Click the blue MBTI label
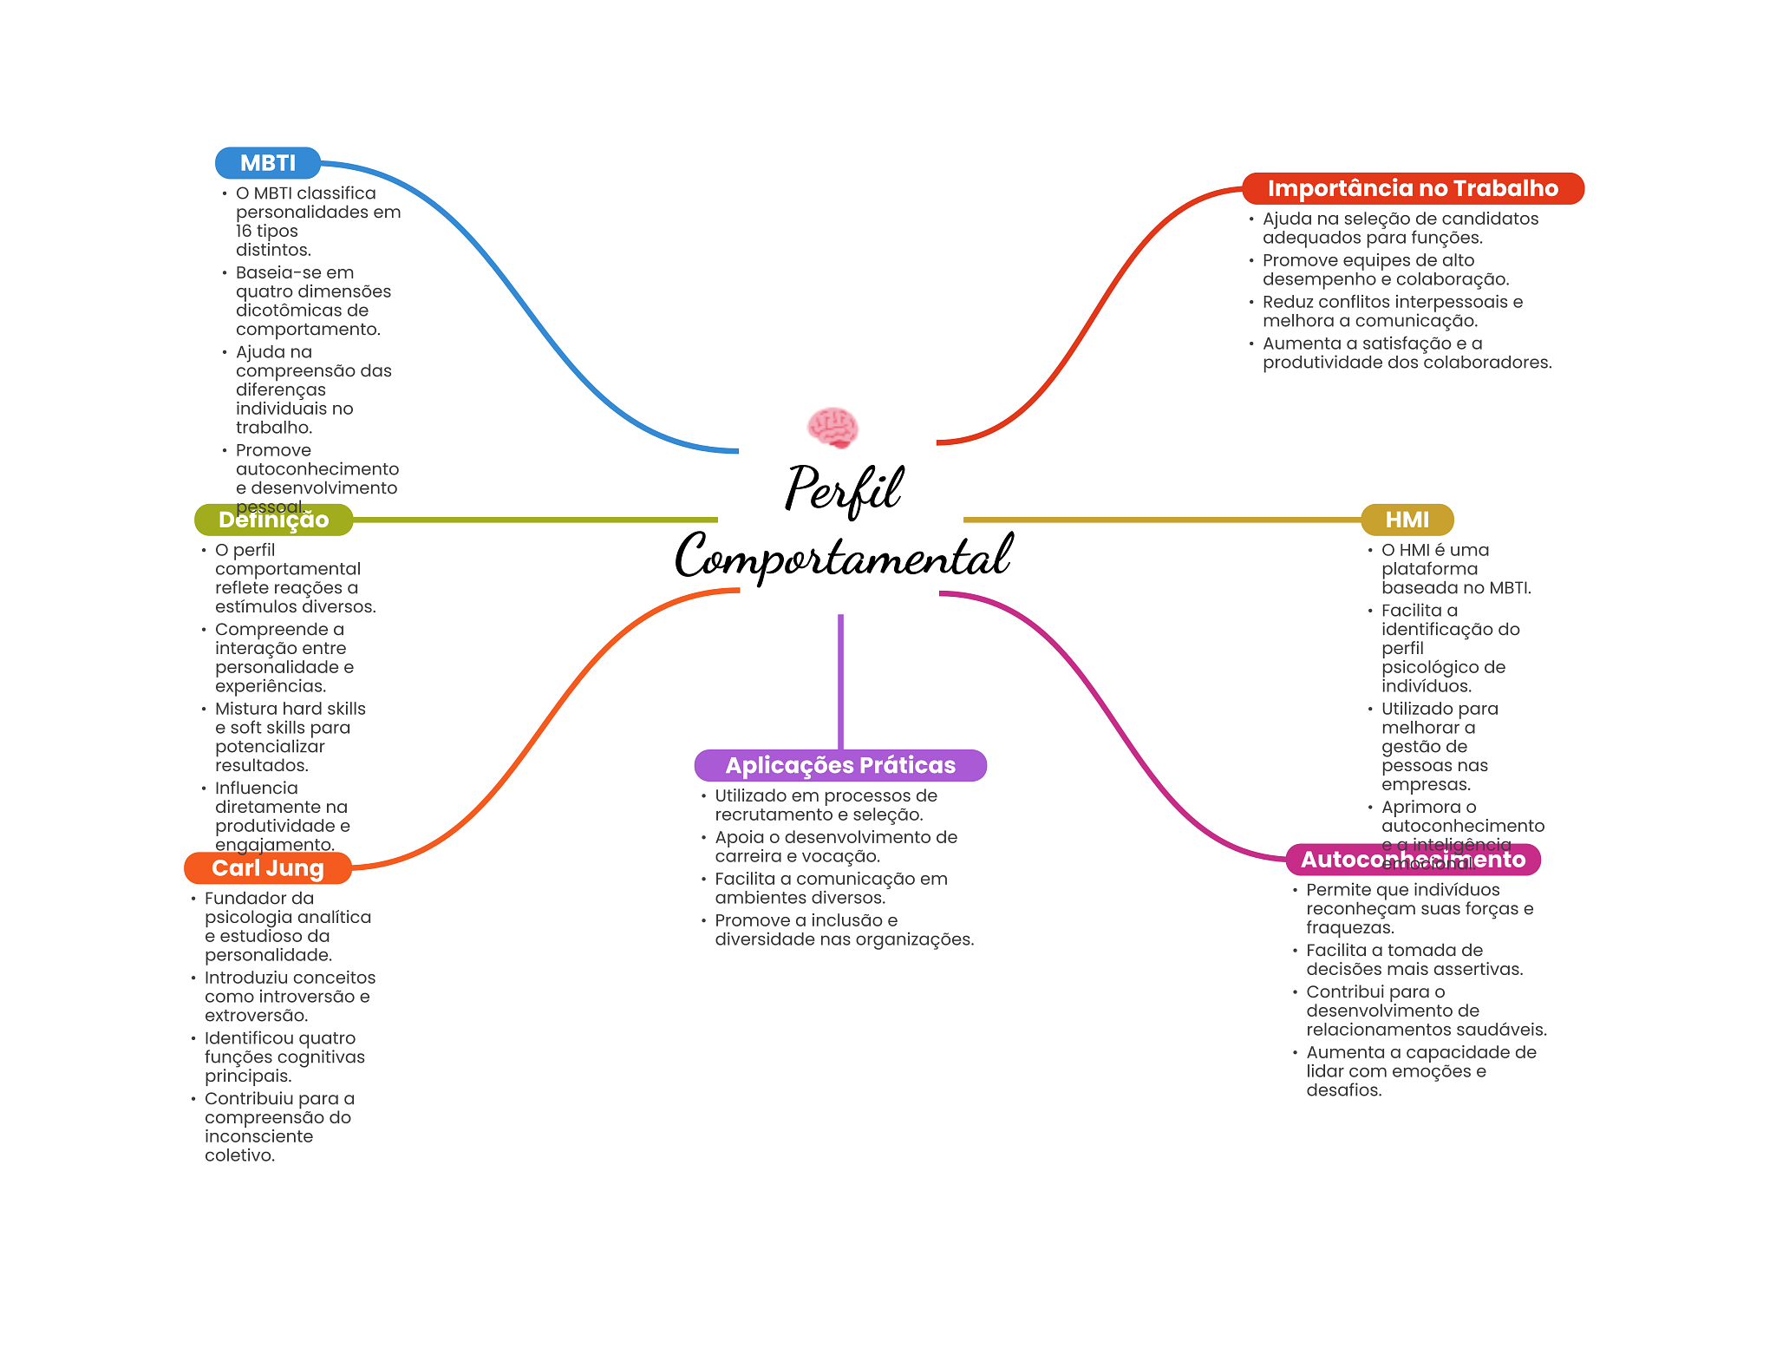(x=268, y=163)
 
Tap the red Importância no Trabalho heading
(x=1413, y=188)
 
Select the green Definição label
(x=273, y=520)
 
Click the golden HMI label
(x=1407, y=520)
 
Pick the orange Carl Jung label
(x=267, y=867)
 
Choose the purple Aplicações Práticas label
(x=840, y=765)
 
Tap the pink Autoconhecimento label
(x=1413, y=860)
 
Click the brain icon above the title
(x=832, y=428)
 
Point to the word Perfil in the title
(x=844, y=488)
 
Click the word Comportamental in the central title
(x=843, y=556)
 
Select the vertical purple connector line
(x=840, y=681)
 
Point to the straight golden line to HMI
(x=1162, y=520)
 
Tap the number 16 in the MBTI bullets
(x=244, y=231)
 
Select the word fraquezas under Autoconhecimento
(x=1348, y=927)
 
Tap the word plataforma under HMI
(x=1429, y=569)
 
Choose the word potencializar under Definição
(x=270, y=746)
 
